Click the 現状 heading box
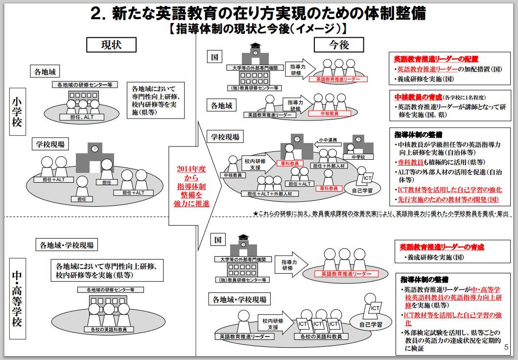[111, 45]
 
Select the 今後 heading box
[339, 45]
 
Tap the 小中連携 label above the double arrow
[326, 140]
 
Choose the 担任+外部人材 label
[331, 166]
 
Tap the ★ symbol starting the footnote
[255, 214]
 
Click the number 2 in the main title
[96, 13]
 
